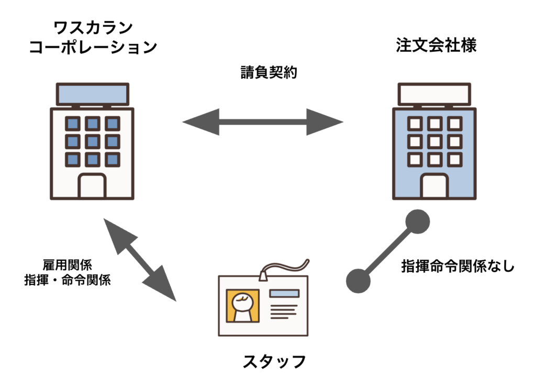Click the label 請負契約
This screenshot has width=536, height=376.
267,72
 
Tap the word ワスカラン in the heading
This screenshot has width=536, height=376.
93,27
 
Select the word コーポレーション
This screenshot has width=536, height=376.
93,47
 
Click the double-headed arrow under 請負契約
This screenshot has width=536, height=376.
263,123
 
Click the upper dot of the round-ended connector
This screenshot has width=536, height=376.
417,222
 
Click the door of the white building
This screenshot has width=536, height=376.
92,185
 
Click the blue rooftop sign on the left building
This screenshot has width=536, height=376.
92,94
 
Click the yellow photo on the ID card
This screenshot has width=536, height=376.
242,306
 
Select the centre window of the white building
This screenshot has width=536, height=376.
92,141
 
